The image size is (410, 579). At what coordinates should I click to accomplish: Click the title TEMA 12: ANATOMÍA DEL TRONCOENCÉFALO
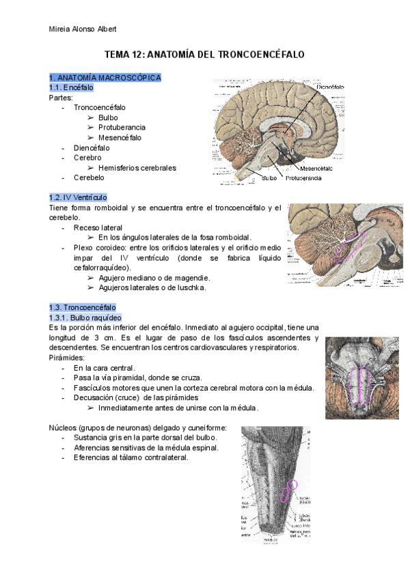coord(204,53)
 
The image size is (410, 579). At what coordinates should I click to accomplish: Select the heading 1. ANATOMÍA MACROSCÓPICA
coord(105,77)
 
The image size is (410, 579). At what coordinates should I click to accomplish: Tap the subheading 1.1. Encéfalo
coord(72,87)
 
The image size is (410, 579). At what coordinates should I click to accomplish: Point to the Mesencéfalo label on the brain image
coord(316,168)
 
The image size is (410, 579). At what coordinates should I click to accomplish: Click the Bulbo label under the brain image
coord(270,178)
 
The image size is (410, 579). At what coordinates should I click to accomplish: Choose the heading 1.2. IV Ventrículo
coord(79,197)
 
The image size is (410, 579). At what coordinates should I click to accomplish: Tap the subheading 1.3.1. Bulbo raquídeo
coord(85,317)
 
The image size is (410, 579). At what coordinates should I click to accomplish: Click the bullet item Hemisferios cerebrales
coord(137,167)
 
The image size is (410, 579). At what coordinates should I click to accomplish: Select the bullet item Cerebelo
coord(89,178)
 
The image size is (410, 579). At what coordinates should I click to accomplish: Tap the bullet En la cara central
coord(101,368)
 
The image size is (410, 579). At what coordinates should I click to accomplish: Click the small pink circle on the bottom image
coord(294,484)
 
